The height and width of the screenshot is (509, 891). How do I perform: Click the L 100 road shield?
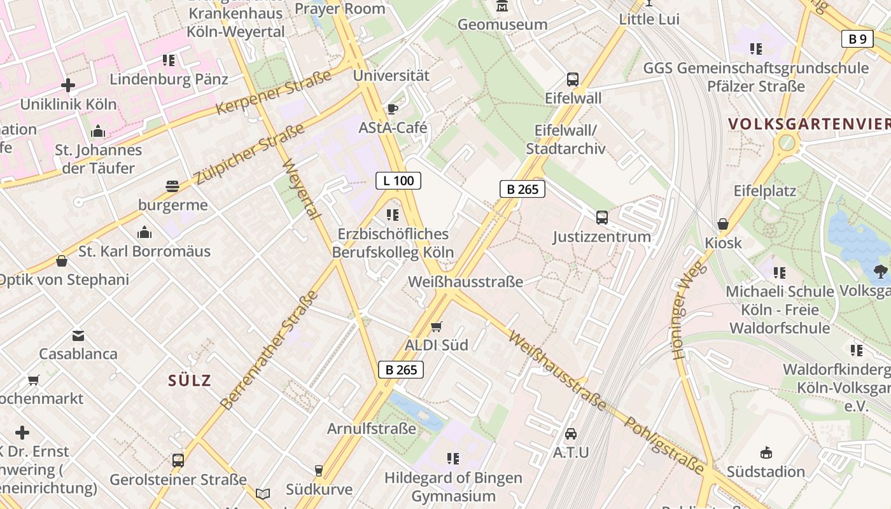click(398, 181)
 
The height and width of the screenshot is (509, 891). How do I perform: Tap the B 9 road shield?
click(857, 39)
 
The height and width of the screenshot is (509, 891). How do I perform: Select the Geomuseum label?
click(502, 24)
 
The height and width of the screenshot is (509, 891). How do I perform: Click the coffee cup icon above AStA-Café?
click(392, 109)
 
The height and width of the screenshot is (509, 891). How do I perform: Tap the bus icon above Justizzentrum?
click(601, 218)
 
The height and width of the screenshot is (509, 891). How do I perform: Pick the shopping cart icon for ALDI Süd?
click(436, 326)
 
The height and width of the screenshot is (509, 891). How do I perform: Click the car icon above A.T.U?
click(571, 434)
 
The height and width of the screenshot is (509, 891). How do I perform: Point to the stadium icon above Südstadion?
click(766, 453)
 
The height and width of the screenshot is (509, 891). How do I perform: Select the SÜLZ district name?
click(190, 380)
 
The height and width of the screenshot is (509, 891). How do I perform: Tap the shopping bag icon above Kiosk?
click(723, 224)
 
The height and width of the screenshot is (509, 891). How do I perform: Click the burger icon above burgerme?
click(172, 186)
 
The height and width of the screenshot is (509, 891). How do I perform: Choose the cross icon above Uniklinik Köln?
click(68, 85)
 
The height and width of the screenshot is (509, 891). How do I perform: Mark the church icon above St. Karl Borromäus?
click(144, 232)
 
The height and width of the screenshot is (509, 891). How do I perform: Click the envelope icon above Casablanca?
click(78, 335)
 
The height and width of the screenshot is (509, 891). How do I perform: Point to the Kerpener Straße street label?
click(274, 92)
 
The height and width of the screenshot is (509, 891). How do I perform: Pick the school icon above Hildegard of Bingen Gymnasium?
click(453, 458)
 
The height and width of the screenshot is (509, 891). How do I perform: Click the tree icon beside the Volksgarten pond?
click(881, 272)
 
